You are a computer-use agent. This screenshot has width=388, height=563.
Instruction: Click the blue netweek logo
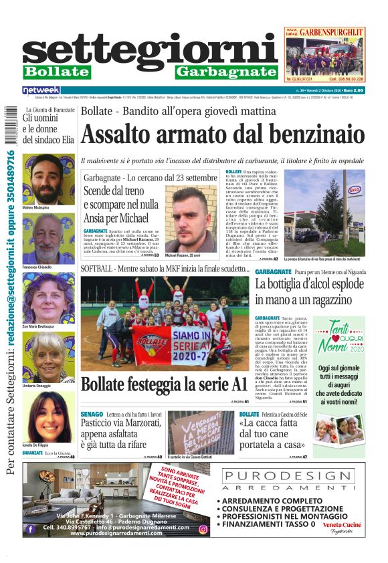pos(41,90)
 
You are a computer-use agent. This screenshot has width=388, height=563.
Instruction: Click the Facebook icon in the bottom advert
pos(30,529)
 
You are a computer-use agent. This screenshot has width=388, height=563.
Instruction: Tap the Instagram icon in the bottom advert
pos(203,529)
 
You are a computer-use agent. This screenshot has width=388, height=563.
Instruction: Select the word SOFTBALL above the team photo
pos(97,268)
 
